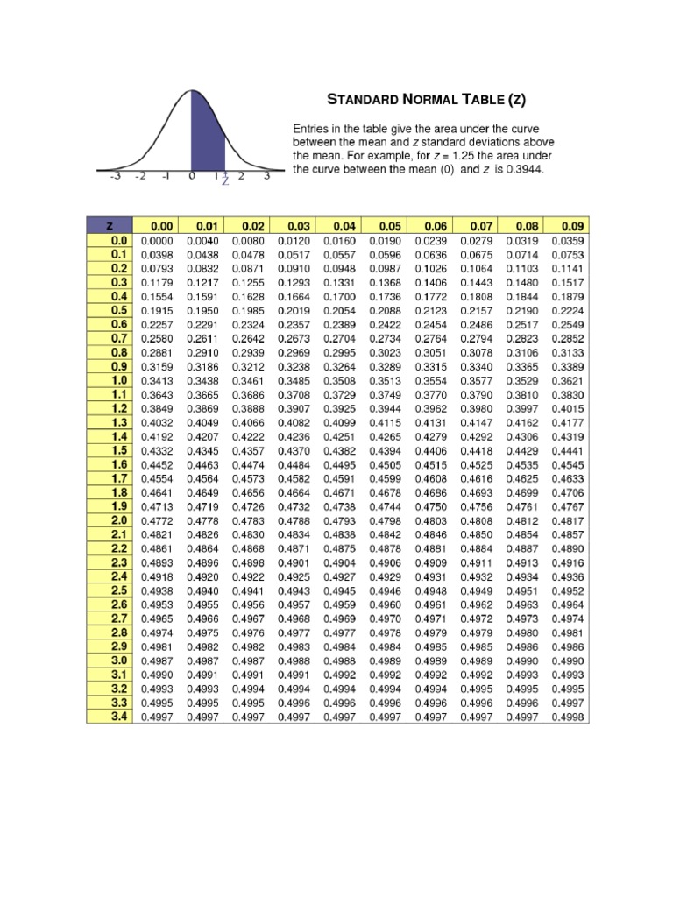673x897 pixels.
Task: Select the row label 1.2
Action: tap(119, 408)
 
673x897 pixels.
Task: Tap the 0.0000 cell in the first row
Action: tap(156, 240)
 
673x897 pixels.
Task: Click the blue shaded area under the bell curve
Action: tap(207, 140)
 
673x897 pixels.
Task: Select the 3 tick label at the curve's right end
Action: tap(266, 176)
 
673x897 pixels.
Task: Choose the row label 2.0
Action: tap(119, 520)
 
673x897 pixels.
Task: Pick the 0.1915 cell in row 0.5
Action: tap(156, 310)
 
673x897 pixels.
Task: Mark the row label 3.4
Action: tap(119, 717)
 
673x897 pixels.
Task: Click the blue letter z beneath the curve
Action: tap(225, 181)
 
